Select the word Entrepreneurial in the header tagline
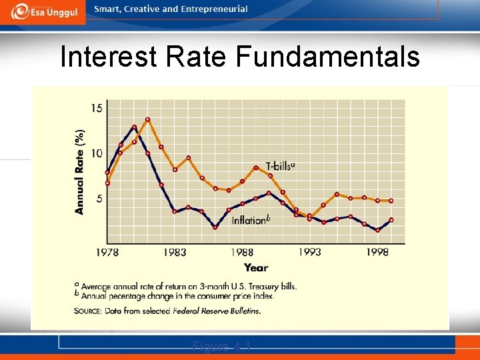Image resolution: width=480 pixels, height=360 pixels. [214, 9]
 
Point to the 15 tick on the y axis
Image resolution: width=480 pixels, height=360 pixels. [97, 108]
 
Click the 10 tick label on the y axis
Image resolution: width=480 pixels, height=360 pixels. [97, 153]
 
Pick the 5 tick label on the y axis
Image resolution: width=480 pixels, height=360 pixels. [99, 199]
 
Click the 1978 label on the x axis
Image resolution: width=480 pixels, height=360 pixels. [107, 252]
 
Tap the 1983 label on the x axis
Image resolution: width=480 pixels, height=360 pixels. [175, 252]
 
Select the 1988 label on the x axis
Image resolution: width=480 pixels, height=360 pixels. [243, 252]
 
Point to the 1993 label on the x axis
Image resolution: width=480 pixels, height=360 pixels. [310, 252]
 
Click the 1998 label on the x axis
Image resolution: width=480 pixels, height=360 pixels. [377, 252]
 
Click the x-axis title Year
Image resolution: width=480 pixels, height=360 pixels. [256, 267]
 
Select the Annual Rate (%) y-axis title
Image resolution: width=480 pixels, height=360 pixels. [80, 171]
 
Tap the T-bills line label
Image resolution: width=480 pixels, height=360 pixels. [280, 166]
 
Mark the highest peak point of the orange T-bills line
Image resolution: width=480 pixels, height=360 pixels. [148, 120]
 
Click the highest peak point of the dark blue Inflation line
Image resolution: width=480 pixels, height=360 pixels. [135, 127]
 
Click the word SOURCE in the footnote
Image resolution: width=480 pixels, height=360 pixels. [90, 311]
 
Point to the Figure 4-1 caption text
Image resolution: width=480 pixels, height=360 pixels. [221, 345]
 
